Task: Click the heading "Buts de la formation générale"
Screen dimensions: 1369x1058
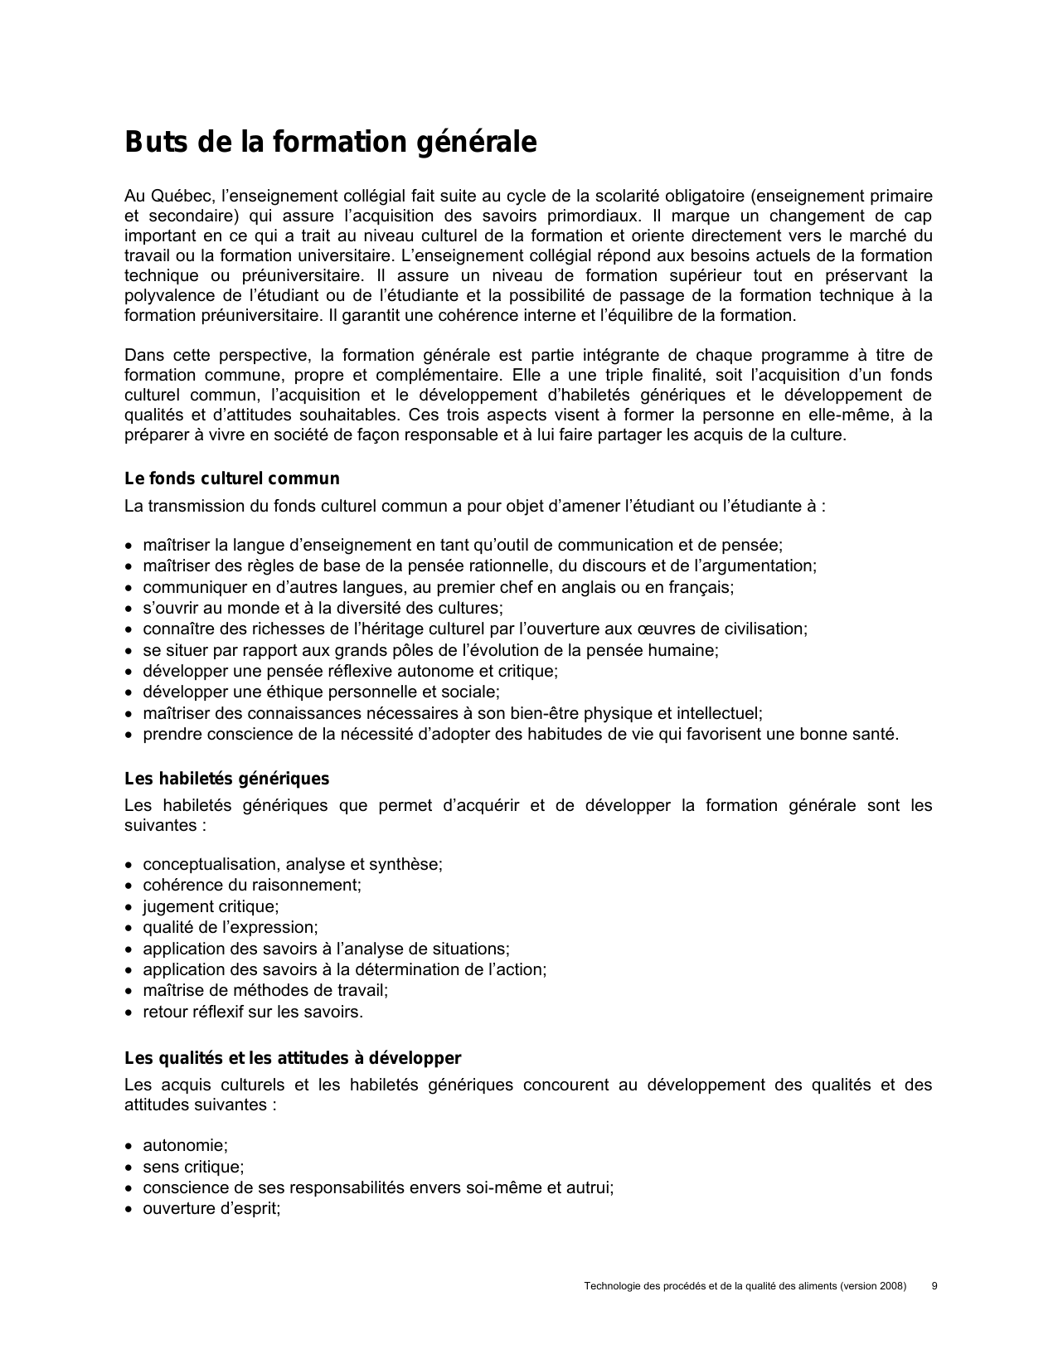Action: click(x=330, y=143)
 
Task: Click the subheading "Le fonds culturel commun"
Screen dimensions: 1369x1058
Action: click(x=232, y=479)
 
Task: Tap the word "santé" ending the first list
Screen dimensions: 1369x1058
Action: click(x=876, y=735)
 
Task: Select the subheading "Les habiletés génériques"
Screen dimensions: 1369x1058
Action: click(x=226, y=779)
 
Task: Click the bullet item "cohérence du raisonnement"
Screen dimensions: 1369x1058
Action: click(x=251, y=885)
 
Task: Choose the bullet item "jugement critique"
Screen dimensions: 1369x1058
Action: click(x=211, y=906)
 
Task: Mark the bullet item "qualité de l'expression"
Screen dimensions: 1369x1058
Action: click(x=230, y=928)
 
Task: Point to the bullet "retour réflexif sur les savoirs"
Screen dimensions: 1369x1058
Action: click(x=252, y=1012)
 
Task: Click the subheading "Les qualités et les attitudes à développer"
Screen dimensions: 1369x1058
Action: click(x=293, y=1059)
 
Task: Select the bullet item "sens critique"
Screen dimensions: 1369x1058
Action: click(x=193, y=1168)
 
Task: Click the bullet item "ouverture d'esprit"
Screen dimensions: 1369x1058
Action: click(x=211, y=1209)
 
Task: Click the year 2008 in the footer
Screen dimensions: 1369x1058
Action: click(x=890, y=1286)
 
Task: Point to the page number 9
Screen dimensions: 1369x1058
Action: click(x=934, y=1286)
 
